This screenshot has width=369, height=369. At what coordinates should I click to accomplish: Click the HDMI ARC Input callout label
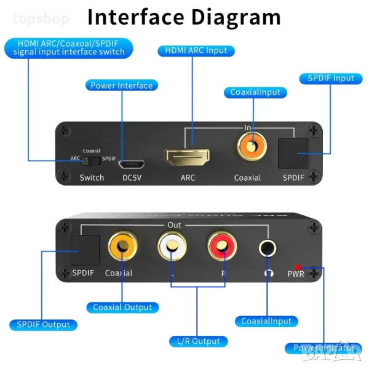(192, 50)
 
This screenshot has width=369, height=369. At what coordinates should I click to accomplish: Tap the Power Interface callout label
(121, 85)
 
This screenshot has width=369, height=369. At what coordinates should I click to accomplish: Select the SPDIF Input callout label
(327, 78)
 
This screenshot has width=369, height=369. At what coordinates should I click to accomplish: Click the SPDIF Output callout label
(43, 324)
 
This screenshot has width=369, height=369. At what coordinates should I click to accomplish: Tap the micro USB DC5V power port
(131, 165)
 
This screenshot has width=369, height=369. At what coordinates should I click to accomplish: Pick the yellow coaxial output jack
(121, 247)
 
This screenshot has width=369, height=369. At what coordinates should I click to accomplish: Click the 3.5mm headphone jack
(268, 248)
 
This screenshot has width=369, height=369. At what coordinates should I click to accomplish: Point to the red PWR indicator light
(298, 267)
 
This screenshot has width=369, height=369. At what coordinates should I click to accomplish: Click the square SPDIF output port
(82, 249)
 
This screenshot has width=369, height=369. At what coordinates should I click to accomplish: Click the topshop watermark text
(41, 18)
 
